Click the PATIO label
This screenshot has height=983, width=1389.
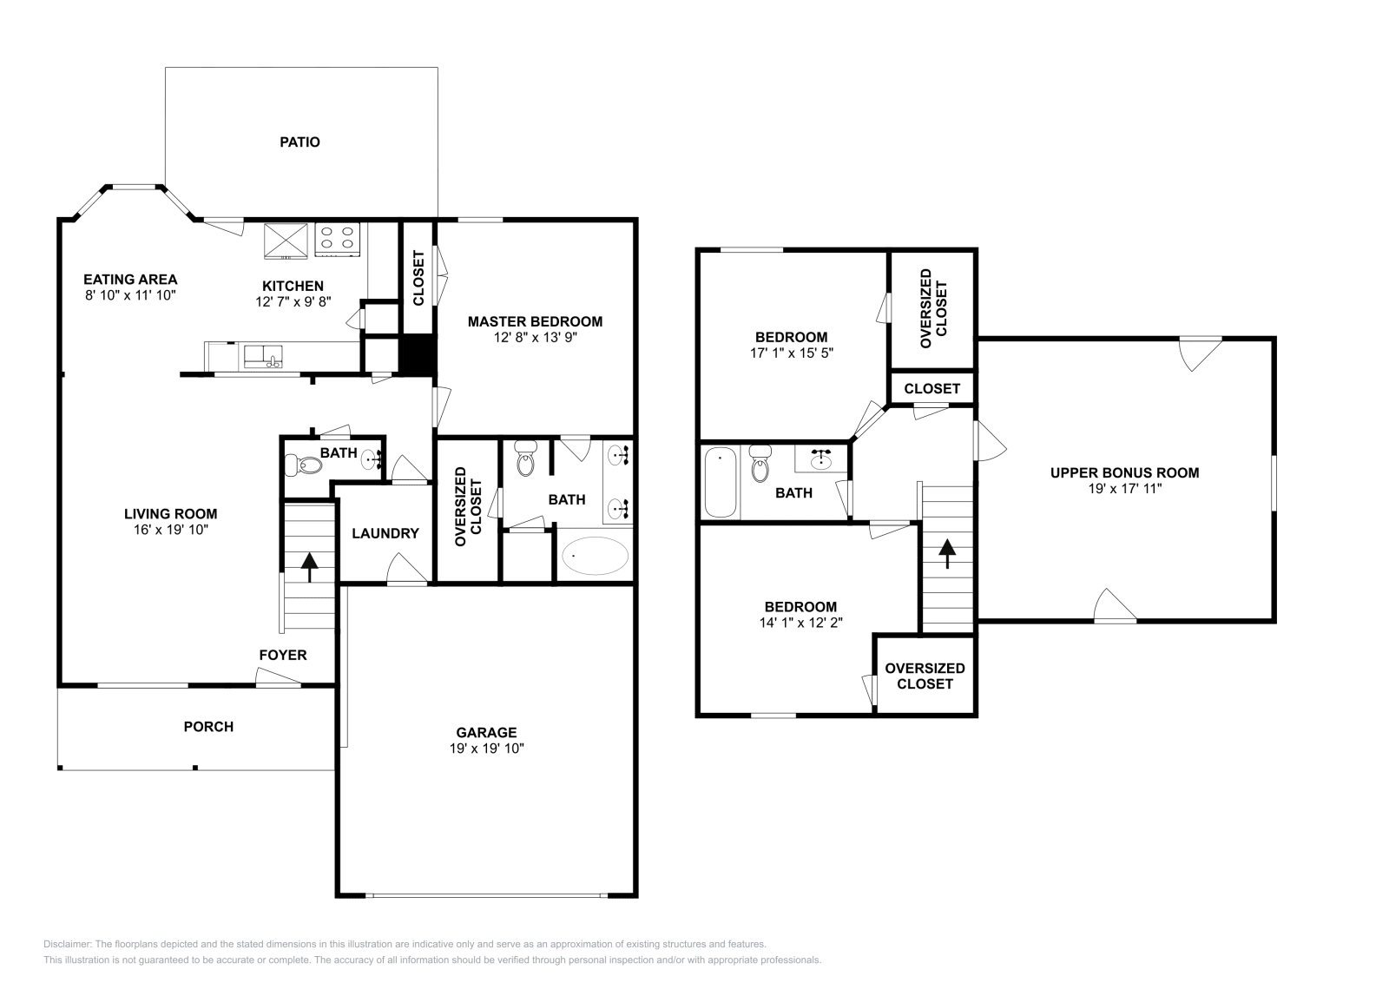coord(300,142)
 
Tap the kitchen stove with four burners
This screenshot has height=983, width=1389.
coord(338,240)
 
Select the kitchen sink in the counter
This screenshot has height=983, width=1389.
coord(263,356)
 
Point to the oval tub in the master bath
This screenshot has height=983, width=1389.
coord(596,556)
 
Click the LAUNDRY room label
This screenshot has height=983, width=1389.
coord(385,533)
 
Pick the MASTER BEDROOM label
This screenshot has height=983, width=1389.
coord(535,321)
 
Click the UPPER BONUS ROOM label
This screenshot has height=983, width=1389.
coord(1124,473)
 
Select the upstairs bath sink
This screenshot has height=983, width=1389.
coord(821,459)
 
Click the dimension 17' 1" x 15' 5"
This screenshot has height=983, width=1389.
coord(791,353)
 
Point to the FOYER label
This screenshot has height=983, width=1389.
coord(283,655)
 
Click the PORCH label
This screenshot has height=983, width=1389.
coord(208,726)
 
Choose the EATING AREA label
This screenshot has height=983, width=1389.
coord(130,280)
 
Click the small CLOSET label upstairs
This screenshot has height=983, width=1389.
coord(931,388)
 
